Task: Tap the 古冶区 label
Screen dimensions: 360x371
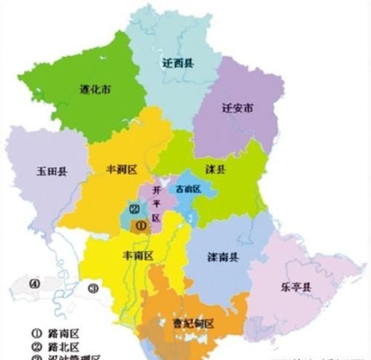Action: click(189, 189)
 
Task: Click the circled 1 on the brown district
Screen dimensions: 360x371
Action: click(141, 227)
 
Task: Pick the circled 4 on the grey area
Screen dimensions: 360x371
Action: click(33, 283)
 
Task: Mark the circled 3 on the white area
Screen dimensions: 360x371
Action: click(92, 288)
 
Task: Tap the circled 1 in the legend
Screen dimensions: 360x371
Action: click(35, 334)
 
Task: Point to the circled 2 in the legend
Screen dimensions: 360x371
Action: click(35, 347)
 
